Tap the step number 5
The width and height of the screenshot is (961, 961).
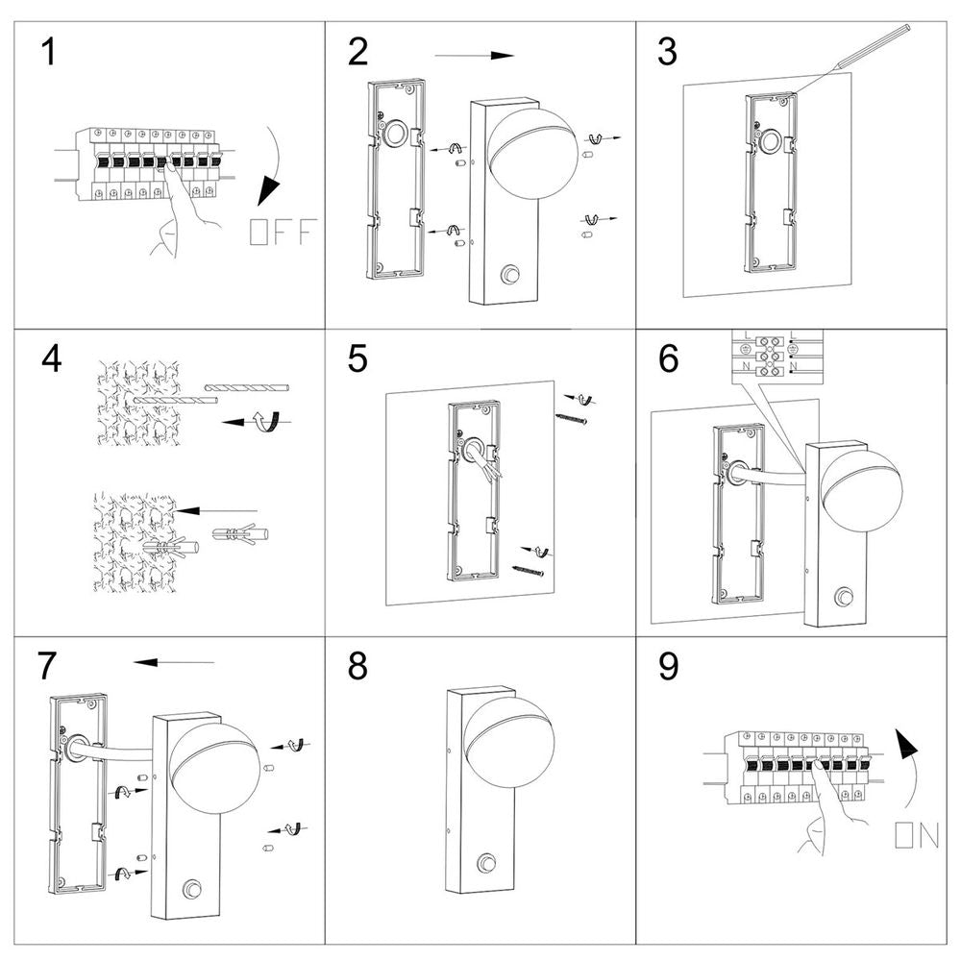coord(357,358)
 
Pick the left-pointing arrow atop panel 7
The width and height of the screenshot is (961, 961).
coord(174,661)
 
